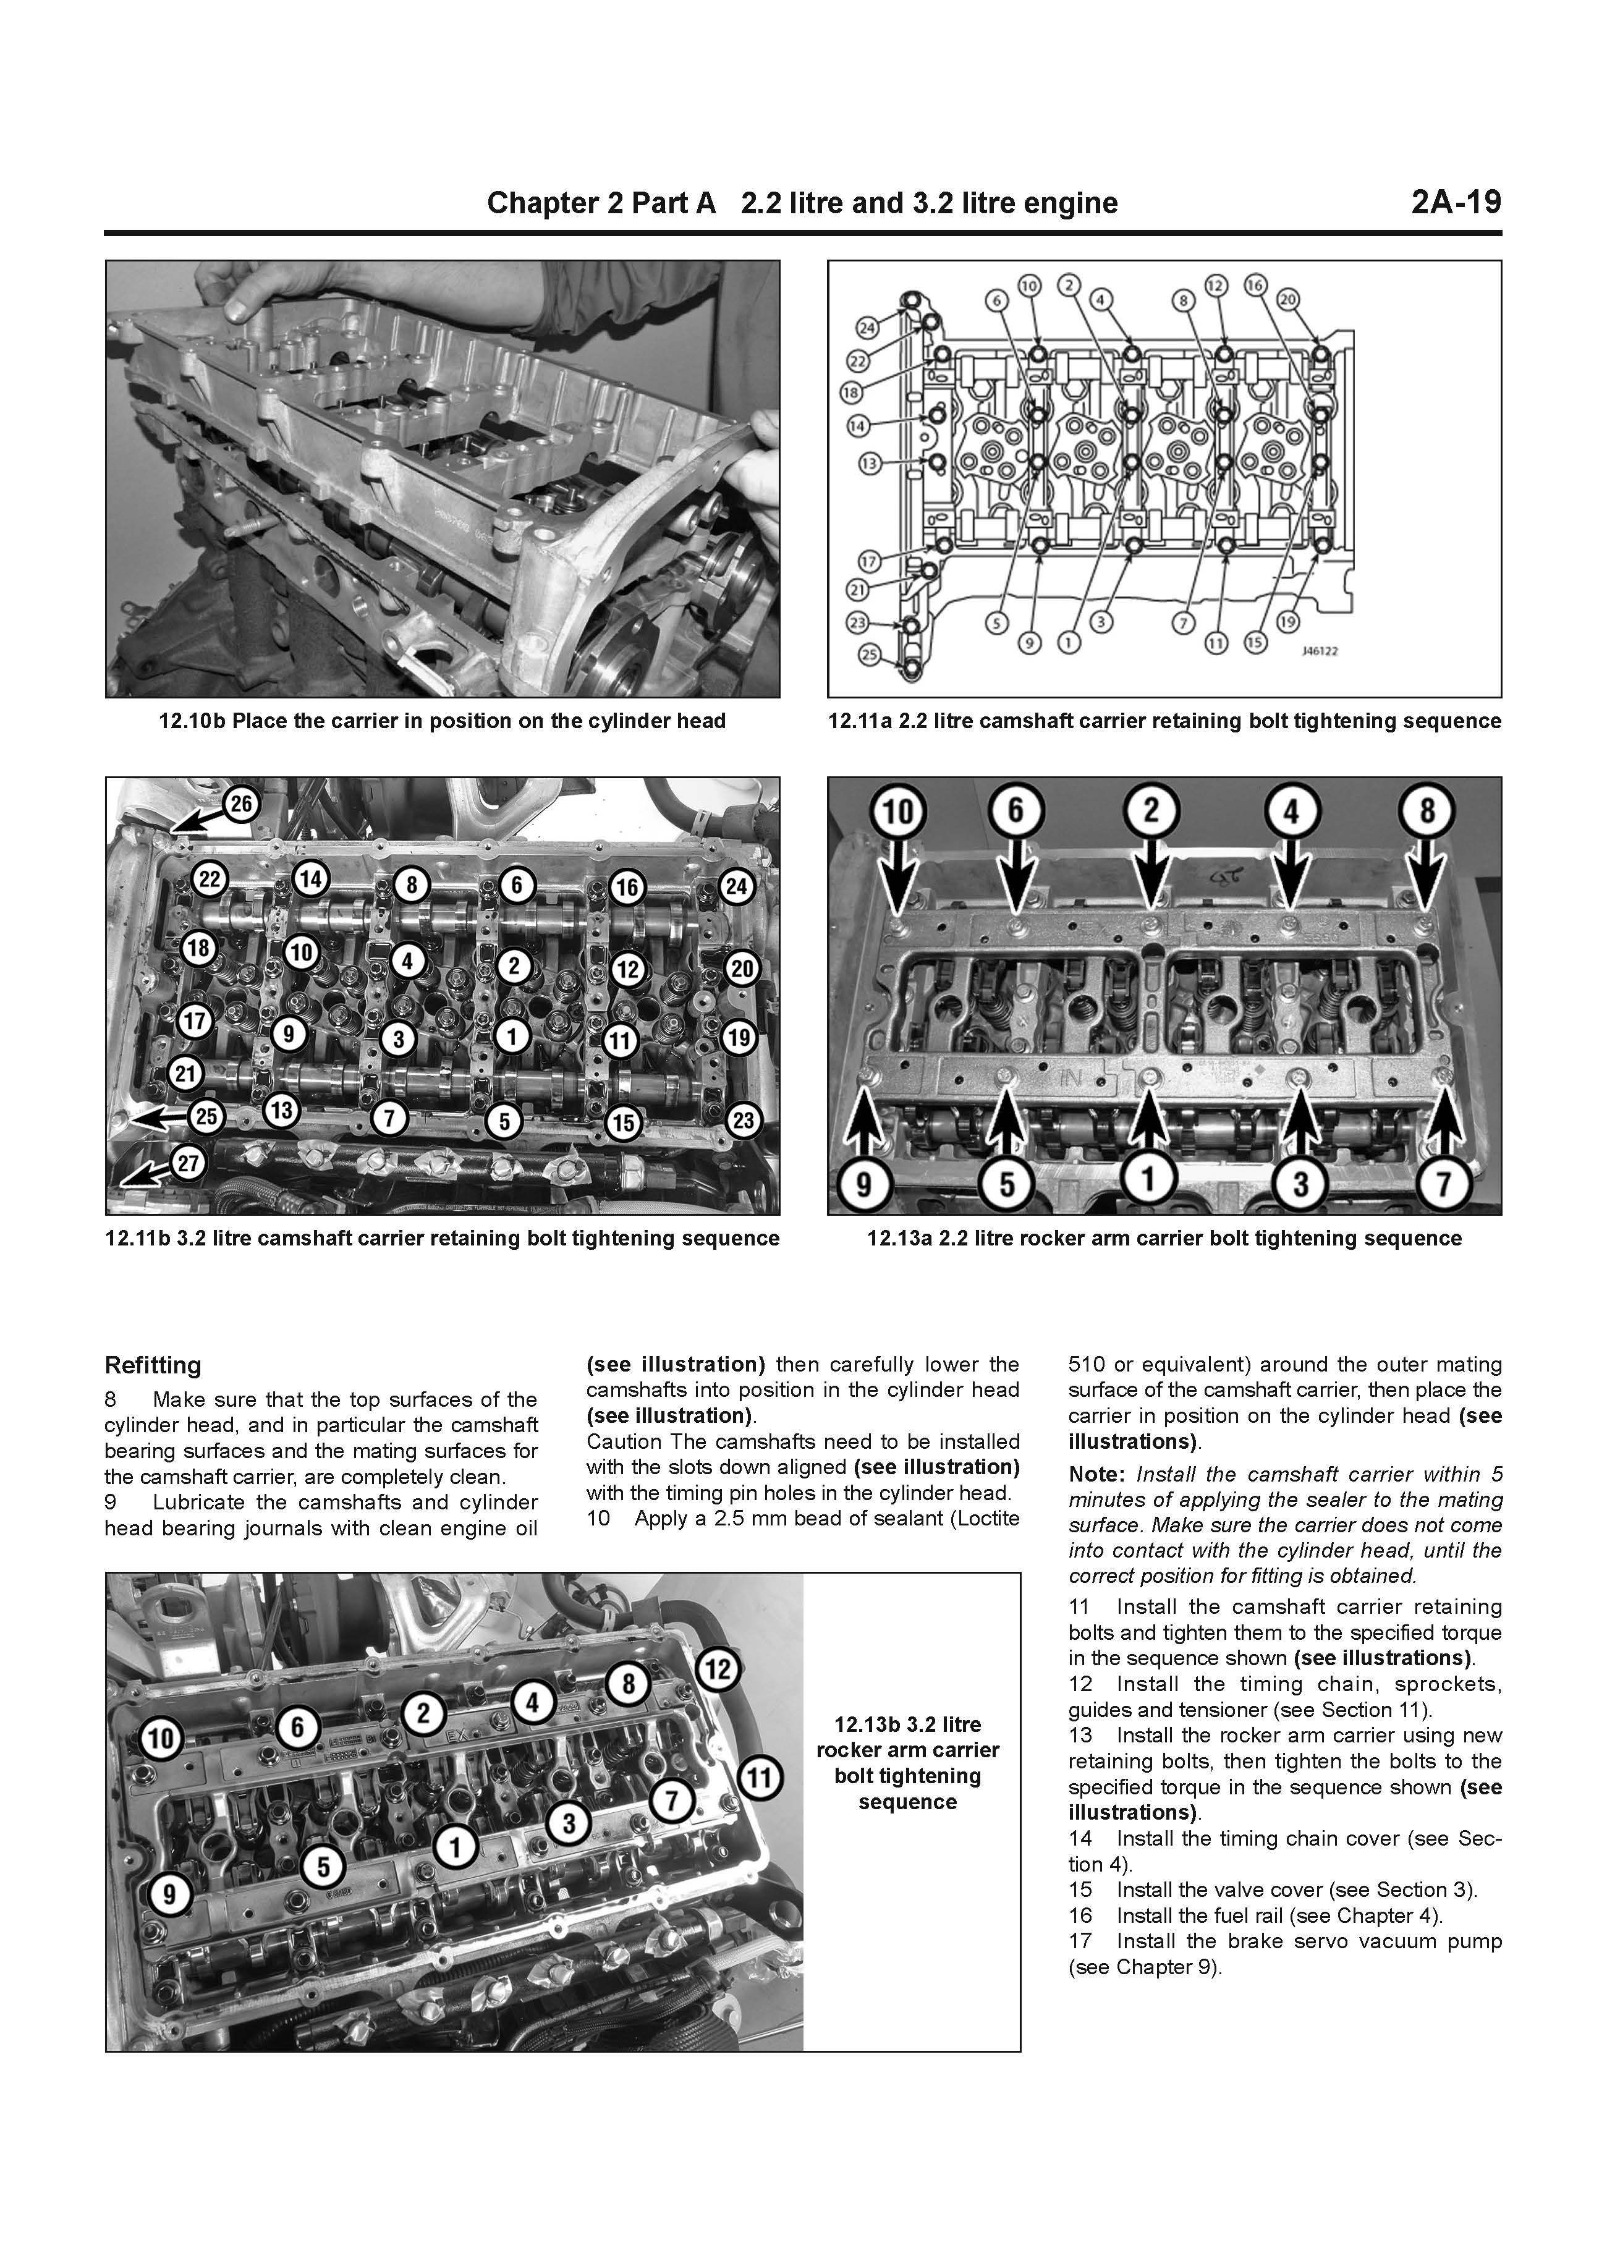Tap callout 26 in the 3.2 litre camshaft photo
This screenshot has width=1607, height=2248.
[242, 804]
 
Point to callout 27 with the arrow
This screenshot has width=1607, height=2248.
[187, 1164]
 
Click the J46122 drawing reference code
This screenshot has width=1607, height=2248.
[1320, 652]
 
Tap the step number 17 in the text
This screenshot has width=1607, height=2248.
[1080, 1941]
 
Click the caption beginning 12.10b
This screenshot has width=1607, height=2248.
[443, 721]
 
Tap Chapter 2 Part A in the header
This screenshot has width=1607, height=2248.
[601, 203]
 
